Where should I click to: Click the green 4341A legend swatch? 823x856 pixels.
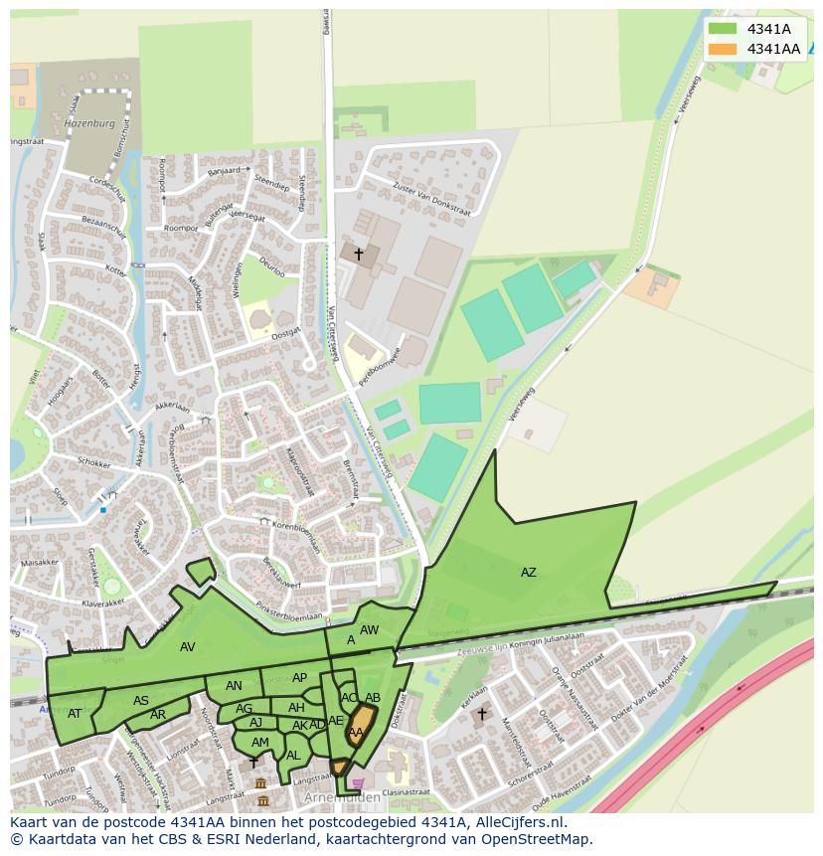(723, 29)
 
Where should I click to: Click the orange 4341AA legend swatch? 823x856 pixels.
(723, 49)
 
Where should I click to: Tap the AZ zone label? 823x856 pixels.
(528, 572)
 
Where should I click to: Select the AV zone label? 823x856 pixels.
(187, 647)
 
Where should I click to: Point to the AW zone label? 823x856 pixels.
(369, 629)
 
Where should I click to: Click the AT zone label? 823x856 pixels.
(75, 713)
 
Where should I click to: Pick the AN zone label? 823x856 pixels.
(234, 686)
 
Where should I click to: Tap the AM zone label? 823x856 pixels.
(259, 742)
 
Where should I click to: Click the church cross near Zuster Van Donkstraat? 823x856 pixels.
(358, 255)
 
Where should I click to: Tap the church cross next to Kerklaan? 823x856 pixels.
(482, 713)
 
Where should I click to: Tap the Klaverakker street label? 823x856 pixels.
(104, 602)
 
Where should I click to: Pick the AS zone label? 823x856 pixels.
(141, 701)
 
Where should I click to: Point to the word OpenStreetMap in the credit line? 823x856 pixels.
(535, 839)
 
